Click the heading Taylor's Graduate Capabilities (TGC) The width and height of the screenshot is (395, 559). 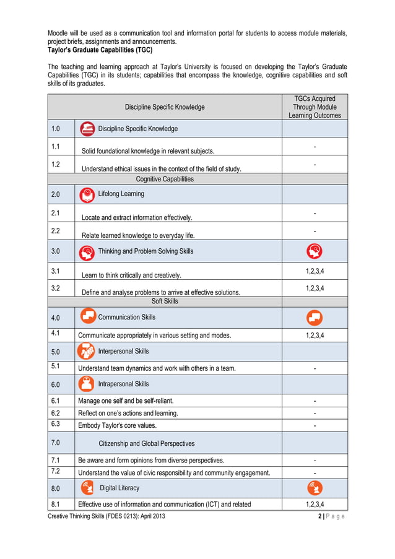pos(100,50)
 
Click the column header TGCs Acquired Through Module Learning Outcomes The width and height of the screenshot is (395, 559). pos(314,106)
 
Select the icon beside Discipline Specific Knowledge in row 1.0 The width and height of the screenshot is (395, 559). pos(88,129)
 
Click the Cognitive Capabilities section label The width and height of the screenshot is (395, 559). pos(165,179)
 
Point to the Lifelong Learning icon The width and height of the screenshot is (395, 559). pos(88,194)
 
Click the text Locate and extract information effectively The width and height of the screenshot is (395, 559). pos(137,217)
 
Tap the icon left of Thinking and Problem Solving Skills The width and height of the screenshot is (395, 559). pos(88,252)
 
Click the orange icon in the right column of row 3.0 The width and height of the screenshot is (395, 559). pos(314,251)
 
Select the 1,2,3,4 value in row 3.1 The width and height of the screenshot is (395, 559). pos(315,271)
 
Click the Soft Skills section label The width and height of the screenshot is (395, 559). pos(165,301)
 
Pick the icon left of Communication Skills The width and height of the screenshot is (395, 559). pos(88,316)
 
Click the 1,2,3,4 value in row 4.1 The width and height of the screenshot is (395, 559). pos(315,336)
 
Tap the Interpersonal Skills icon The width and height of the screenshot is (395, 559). pos(87,352)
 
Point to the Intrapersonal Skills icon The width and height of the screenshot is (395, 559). pos(88,384)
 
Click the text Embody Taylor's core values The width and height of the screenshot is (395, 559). pos(117,425)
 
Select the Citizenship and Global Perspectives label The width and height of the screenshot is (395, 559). pos(146,443)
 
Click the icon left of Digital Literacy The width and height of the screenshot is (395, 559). pos(88,488)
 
